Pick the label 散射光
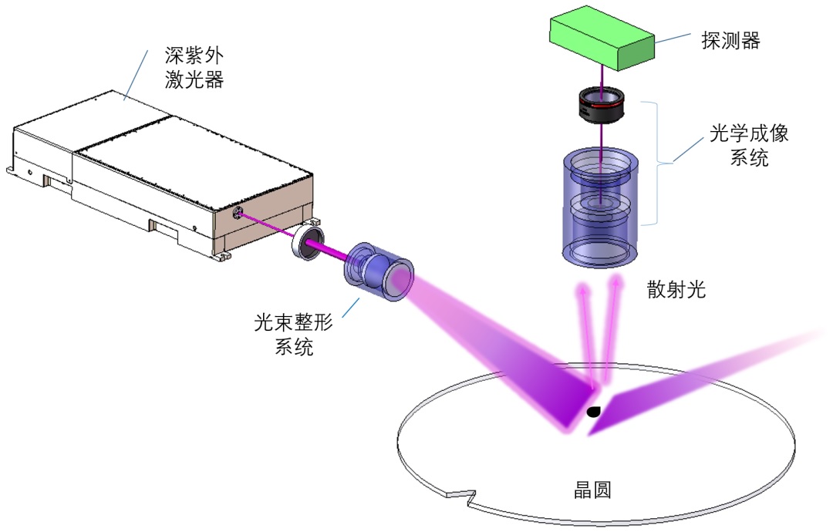click(676, 290)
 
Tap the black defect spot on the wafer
click(593, 412)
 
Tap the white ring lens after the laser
click(306, 244)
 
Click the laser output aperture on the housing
click(238, 212)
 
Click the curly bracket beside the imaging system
click(659, 161)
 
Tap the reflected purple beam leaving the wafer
click(694, 378)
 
